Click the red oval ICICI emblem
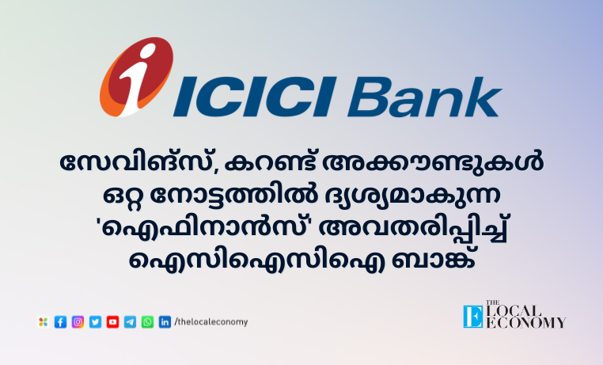pyautogui.click(x=136, y=77)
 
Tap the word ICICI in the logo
pyautogui.click(x=255, y=97)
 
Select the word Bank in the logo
pyautogui.click(x=425, y=97)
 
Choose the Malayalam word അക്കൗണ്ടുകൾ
pyautogui.click(x=434, y=162)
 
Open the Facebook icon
pyautogui.click(x=60, y=322)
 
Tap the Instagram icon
pyautogui.click(x=78, y=322)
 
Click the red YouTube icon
pyautogui.click(x=112, y=322)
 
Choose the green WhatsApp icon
pyautogui.click(x=147, y=322)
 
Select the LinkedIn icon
pyautogui.click(x=165, y=322)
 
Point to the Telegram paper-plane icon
pyautogui.click(x=130, y=322)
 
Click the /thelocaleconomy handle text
pyautogui.click(x=211, y=322)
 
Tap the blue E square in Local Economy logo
pyautogui.click(x=473, y=317)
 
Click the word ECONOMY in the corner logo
pyautogui.click(x=525, y=323)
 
